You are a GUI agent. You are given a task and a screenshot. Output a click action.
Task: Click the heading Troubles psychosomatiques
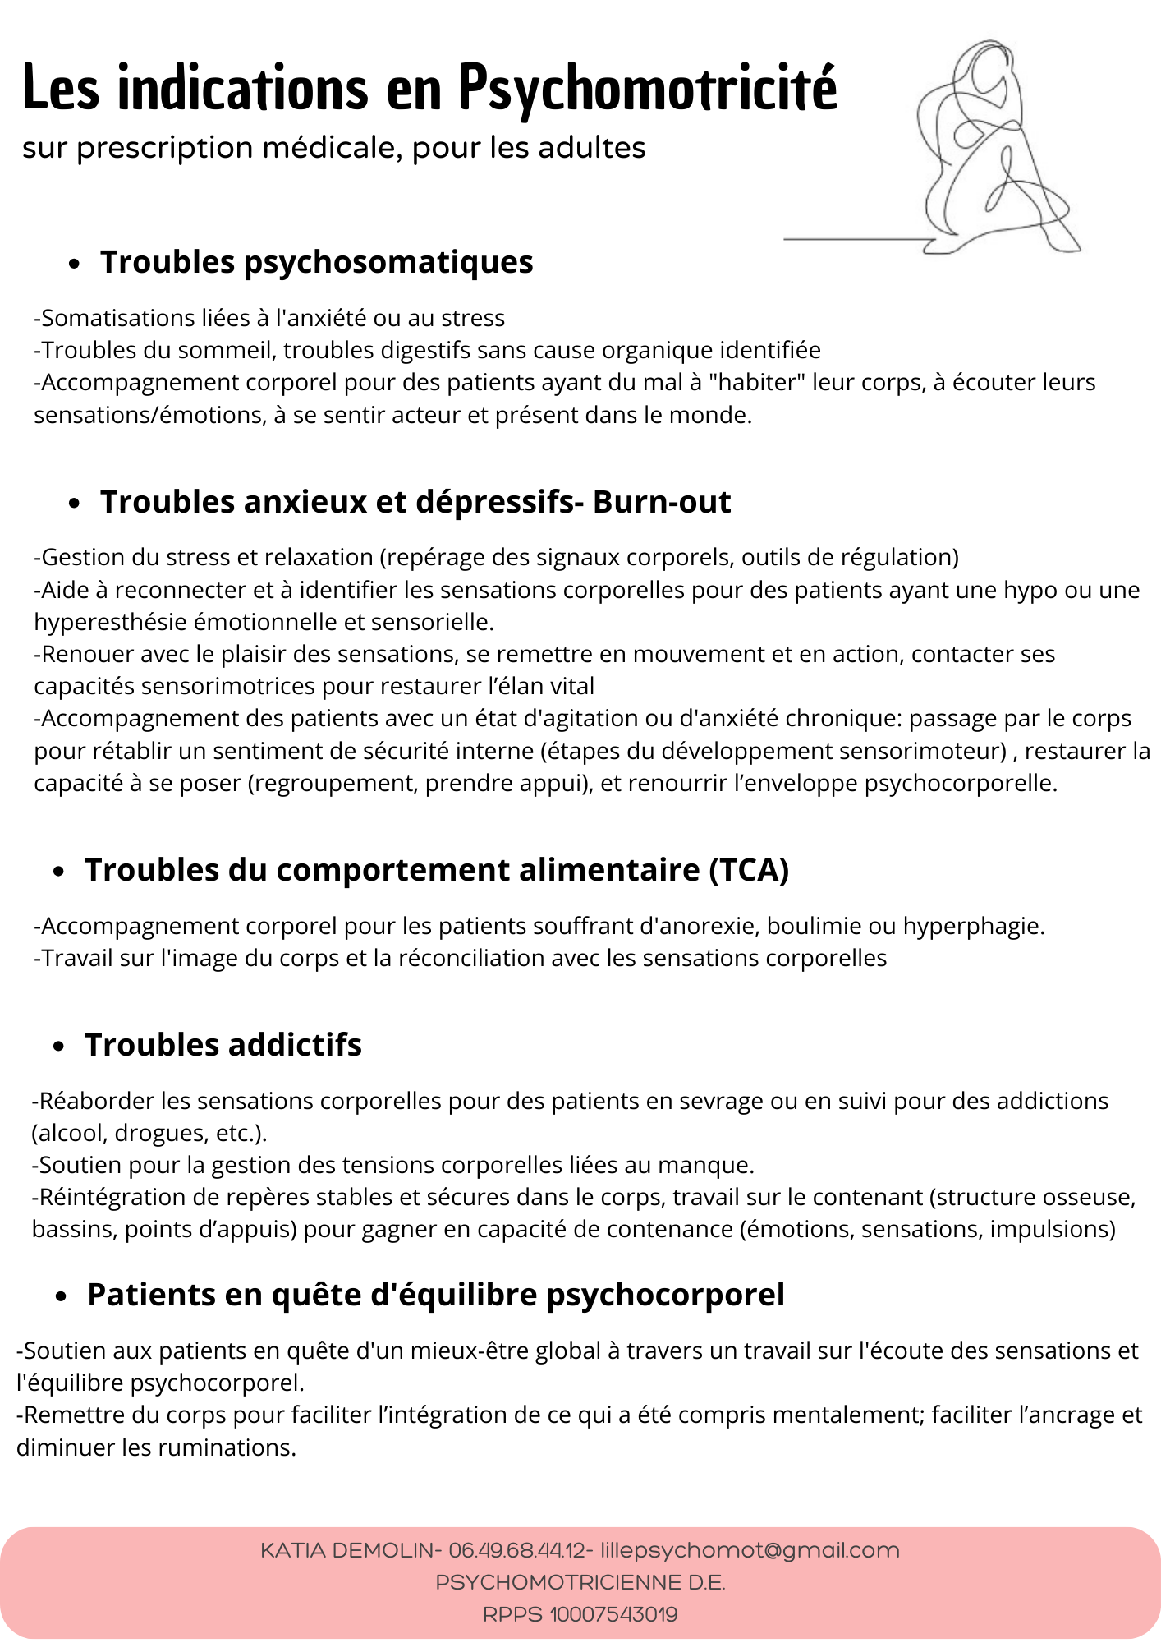[316, 262]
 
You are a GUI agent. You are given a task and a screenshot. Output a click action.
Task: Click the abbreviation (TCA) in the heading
[748, 870]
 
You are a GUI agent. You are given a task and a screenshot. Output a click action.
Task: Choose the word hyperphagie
[973, 927]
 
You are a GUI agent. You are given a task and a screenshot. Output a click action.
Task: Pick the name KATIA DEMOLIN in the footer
[346, 1551]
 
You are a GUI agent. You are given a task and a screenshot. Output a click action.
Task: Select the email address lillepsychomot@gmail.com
[750, 1551]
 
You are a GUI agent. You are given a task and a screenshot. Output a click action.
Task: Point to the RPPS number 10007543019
[613, 1615]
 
